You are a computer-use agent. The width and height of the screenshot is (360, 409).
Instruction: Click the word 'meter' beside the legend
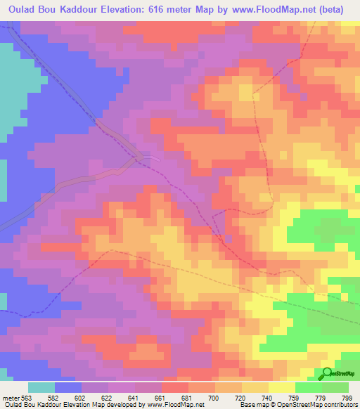(x=12, y=397)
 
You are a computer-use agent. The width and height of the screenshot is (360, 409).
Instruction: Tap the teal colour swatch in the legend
(x=41, y=387)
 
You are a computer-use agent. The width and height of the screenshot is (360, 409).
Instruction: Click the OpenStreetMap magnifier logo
(x=328, y=374)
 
